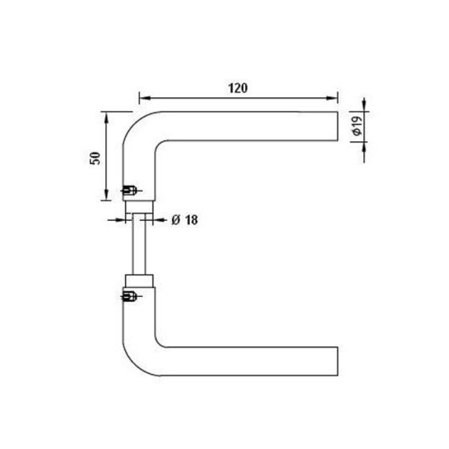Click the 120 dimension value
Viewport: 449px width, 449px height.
[x=237, y=88]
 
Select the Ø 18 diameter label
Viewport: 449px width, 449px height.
[x=185, y=220]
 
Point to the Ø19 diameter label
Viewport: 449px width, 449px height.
[x=357, y=126]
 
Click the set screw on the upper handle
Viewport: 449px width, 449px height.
[x=129, y=190]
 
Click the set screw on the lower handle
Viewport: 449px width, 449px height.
[x=129, y=296]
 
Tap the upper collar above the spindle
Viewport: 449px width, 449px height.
[x=139, y=206]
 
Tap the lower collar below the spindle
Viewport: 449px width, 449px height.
[x=139, y=280]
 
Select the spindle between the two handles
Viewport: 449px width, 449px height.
[x=139, y=244]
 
